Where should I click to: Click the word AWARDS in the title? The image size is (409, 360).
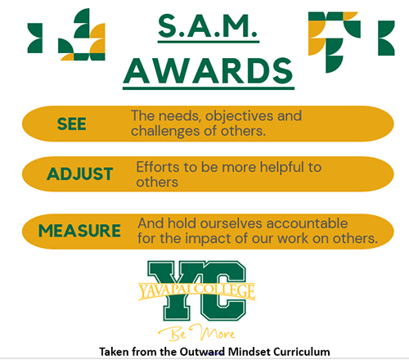pyautogui.click(x=209, y=71)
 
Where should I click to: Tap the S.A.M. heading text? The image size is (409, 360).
pyautogui.click(x=208, y=26)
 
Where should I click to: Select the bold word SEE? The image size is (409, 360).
pyautogui.click(x=72, y=124)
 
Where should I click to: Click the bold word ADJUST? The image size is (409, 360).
pyautogui.click(x=79, y=173)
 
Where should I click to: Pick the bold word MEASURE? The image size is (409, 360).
pyautogui.click(x=79, y=231)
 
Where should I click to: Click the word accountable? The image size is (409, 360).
pyautogui.click(x=307, y=223)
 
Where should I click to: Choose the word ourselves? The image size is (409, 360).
pyautogui.click(x=231, y=223)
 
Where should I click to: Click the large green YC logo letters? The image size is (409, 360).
pyautogui.click(x=197, y=290)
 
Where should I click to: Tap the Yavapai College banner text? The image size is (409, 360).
pyautogui.click(x=197, y=290)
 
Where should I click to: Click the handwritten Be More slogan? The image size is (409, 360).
pyautogui.click(x=197, y=333)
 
